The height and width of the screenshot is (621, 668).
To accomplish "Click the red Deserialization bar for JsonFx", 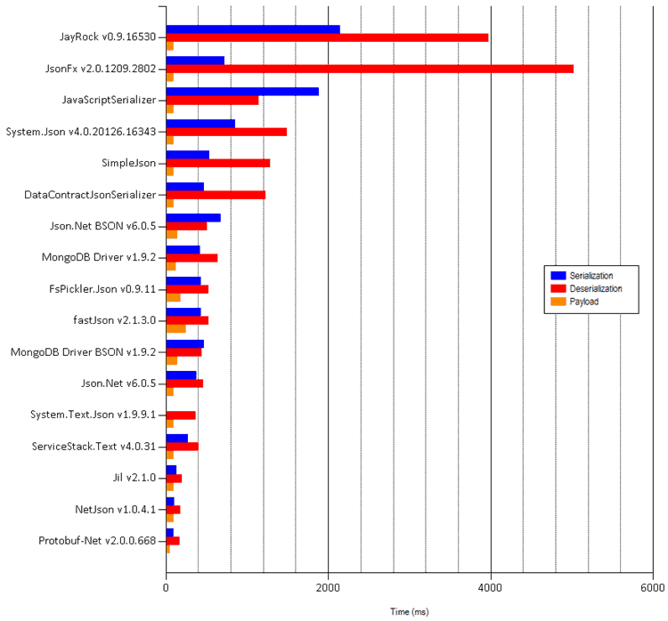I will (370, 68).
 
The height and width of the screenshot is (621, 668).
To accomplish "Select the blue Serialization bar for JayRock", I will (253, 29).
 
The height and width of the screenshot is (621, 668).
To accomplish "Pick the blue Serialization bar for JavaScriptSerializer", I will (242, 92).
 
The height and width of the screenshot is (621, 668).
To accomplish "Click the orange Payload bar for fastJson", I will (175, 328).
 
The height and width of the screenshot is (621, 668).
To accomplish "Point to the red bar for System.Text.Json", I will (181, 415).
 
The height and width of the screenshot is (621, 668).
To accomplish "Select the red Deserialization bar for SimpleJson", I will (218, 163).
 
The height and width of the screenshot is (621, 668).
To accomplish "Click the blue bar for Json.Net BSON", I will (193, 217).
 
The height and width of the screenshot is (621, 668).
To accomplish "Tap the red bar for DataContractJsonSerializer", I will (216, 194).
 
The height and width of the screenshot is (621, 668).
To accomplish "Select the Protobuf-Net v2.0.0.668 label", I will (97, 541).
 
